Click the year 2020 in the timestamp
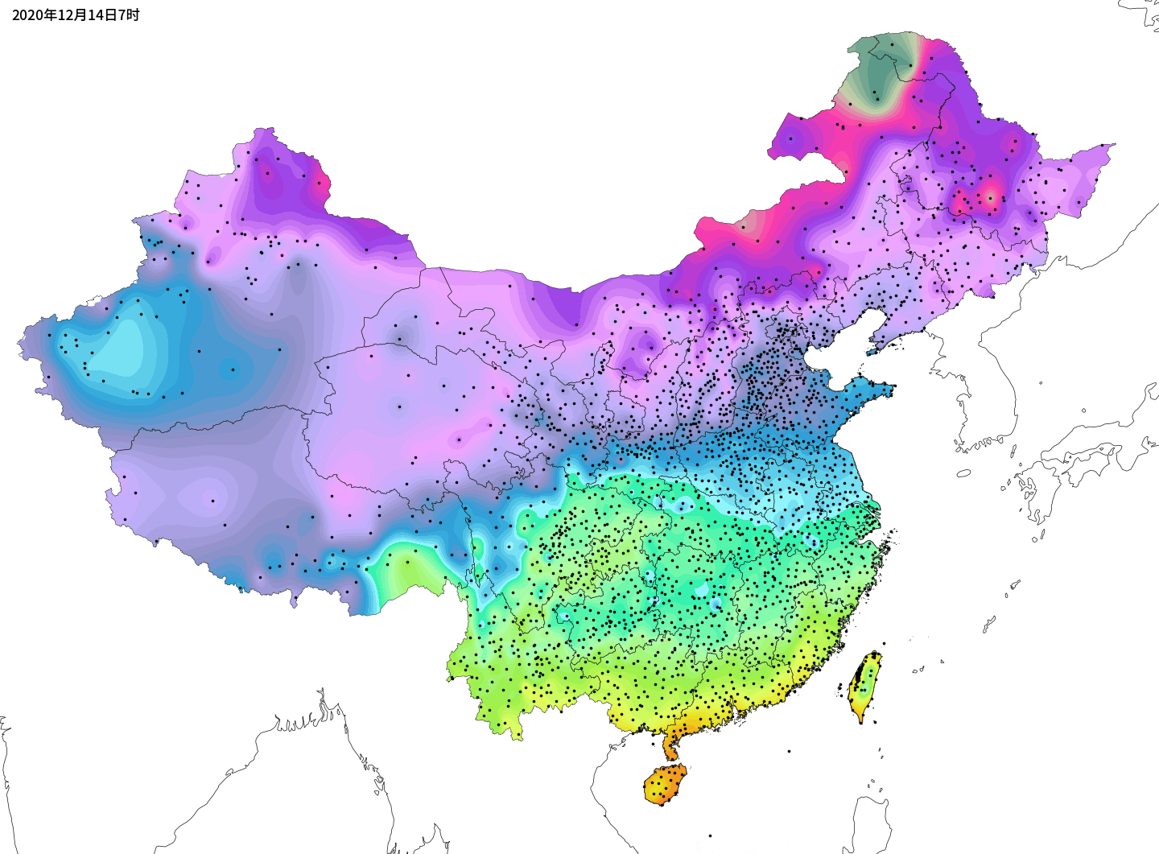click(27, 15)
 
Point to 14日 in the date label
click(102, 15)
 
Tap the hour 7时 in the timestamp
click(130, 15)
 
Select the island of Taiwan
click(864, 687)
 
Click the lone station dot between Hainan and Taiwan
click(789, 751)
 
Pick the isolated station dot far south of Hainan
click(710, 836)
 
